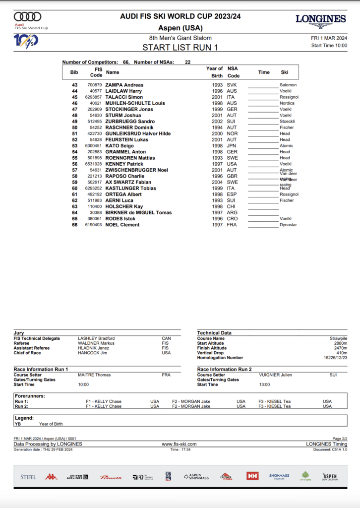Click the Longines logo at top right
click(x=320, y=20)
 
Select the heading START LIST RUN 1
click(x=180, y=48)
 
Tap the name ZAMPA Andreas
click(x=124, y=85)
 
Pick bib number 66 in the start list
click(x=75, y=225)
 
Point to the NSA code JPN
click(x=232, y=146)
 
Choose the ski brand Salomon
click(x=288, y=85)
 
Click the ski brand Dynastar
click(x=289, y=225)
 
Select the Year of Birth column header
click(x=214, y=72)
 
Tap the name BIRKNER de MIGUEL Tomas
click(x=138, y=213)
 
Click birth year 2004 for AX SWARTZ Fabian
click(x=217, y=182)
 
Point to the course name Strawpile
click(x=338, y=338)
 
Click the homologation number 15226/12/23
click(x=335, y=358)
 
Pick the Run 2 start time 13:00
click(x=264, y=384)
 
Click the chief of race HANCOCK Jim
click(x=92, y=353)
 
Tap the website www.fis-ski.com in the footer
click(x=180, y=444)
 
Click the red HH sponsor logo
click(x=252, y=476)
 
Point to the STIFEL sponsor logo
click(x=28, y=477)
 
